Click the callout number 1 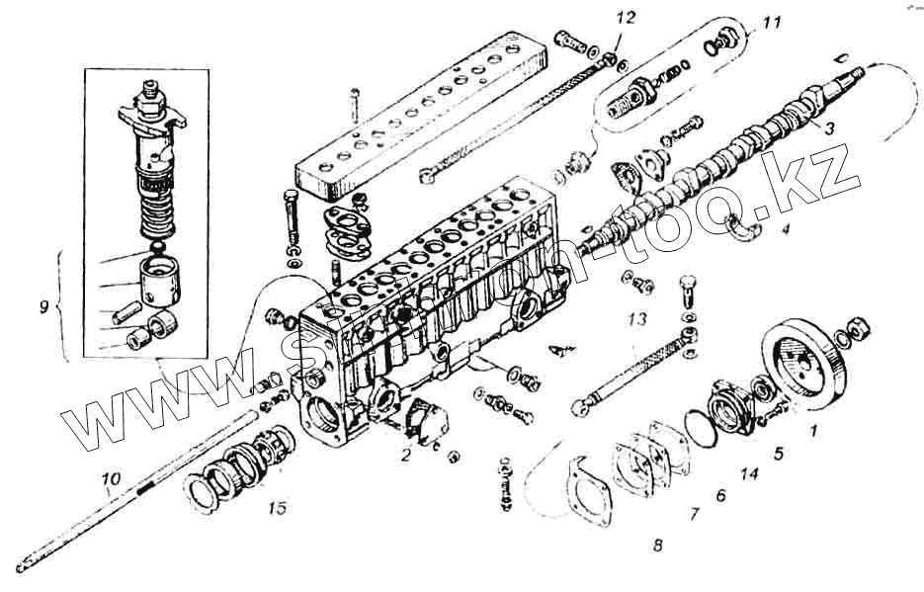pyautogui.click(x=813, y=430)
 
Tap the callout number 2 pyautogui.click(x=406, y=456)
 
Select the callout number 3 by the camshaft pyautogui.click(x=829, y=127)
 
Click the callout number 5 pyautogui.click(x=778, y=454)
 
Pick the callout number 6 pyautogui.click(x=720, y=495)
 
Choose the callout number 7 pyautogui.click(x=694, y=513)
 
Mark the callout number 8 pyautogui.click(x=657, y=544)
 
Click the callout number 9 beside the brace pyautogui.click(x=43, y=307)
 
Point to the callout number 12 pyautogui.click(x=626, y=19)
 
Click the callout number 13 pyautogui.click(x=637, y=318)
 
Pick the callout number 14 pyautogui.click(x=750, y=473)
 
